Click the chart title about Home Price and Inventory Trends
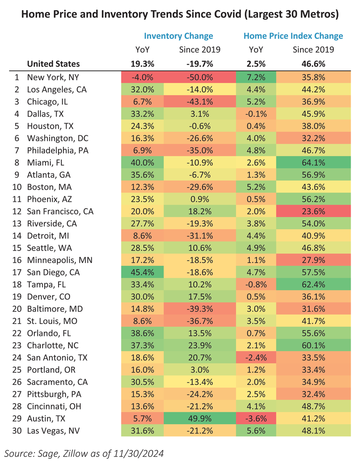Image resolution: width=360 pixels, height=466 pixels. [x=180, y=15]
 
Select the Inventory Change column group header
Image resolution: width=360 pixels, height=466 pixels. [x=179, y=36]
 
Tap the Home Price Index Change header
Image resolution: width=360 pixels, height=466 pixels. [x=293, y=36]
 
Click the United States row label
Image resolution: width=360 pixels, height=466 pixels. [x=53, y=64]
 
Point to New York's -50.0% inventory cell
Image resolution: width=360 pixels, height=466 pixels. [x=196, y=77]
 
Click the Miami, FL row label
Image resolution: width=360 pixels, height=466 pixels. [x=45, y=163]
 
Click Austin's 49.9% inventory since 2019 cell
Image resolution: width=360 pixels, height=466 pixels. [x=196, y=418]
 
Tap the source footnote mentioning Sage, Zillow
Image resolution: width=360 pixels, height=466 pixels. [x=82, y=453]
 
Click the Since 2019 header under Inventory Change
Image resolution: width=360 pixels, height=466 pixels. [x=196, y=49]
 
